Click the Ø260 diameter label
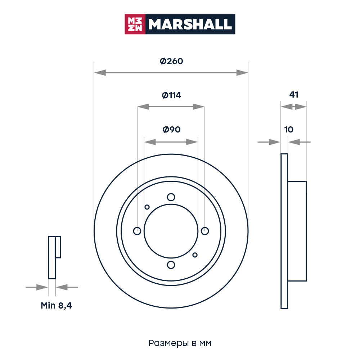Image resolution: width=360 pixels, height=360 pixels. click(171, 61)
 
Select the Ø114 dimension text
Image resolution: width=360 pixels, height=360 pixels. click(171, 95)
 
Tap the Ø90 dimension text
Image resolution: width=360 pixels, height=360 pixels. click(171, 130)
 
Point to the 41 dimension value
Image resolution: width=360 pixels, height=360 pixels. click(294, 95)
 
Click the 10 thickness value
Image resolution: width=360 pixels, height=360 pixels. click(289, 130)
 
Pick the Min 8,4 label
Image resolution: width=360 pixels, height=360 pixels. click(56, 306)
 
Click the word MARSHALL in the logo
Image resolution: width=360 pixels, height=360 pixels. click(190, 24)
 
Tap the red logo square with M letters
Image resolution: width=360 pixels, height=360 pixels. click(135, 24)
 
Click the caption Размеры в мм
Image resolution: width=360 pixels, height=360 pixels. click(180, 343)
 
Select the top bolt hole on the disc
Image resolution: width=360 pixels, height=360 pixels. click(171, 197)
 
